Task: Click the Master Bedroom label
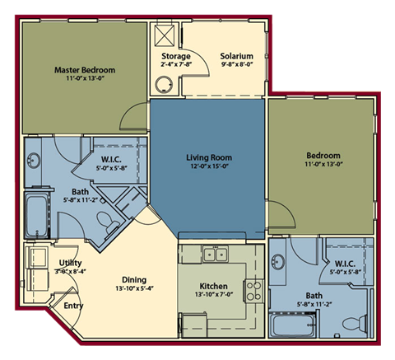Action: [85, 70]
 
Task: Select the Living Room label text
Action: [210, 157]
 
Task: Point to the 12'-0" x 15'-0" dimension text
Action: [210, 166]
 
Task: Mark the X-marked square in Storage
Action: [164, 35]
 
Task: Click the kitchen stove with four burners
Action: [254, 289]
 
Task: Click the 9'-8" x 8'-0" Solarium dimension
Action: [235, 67]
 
